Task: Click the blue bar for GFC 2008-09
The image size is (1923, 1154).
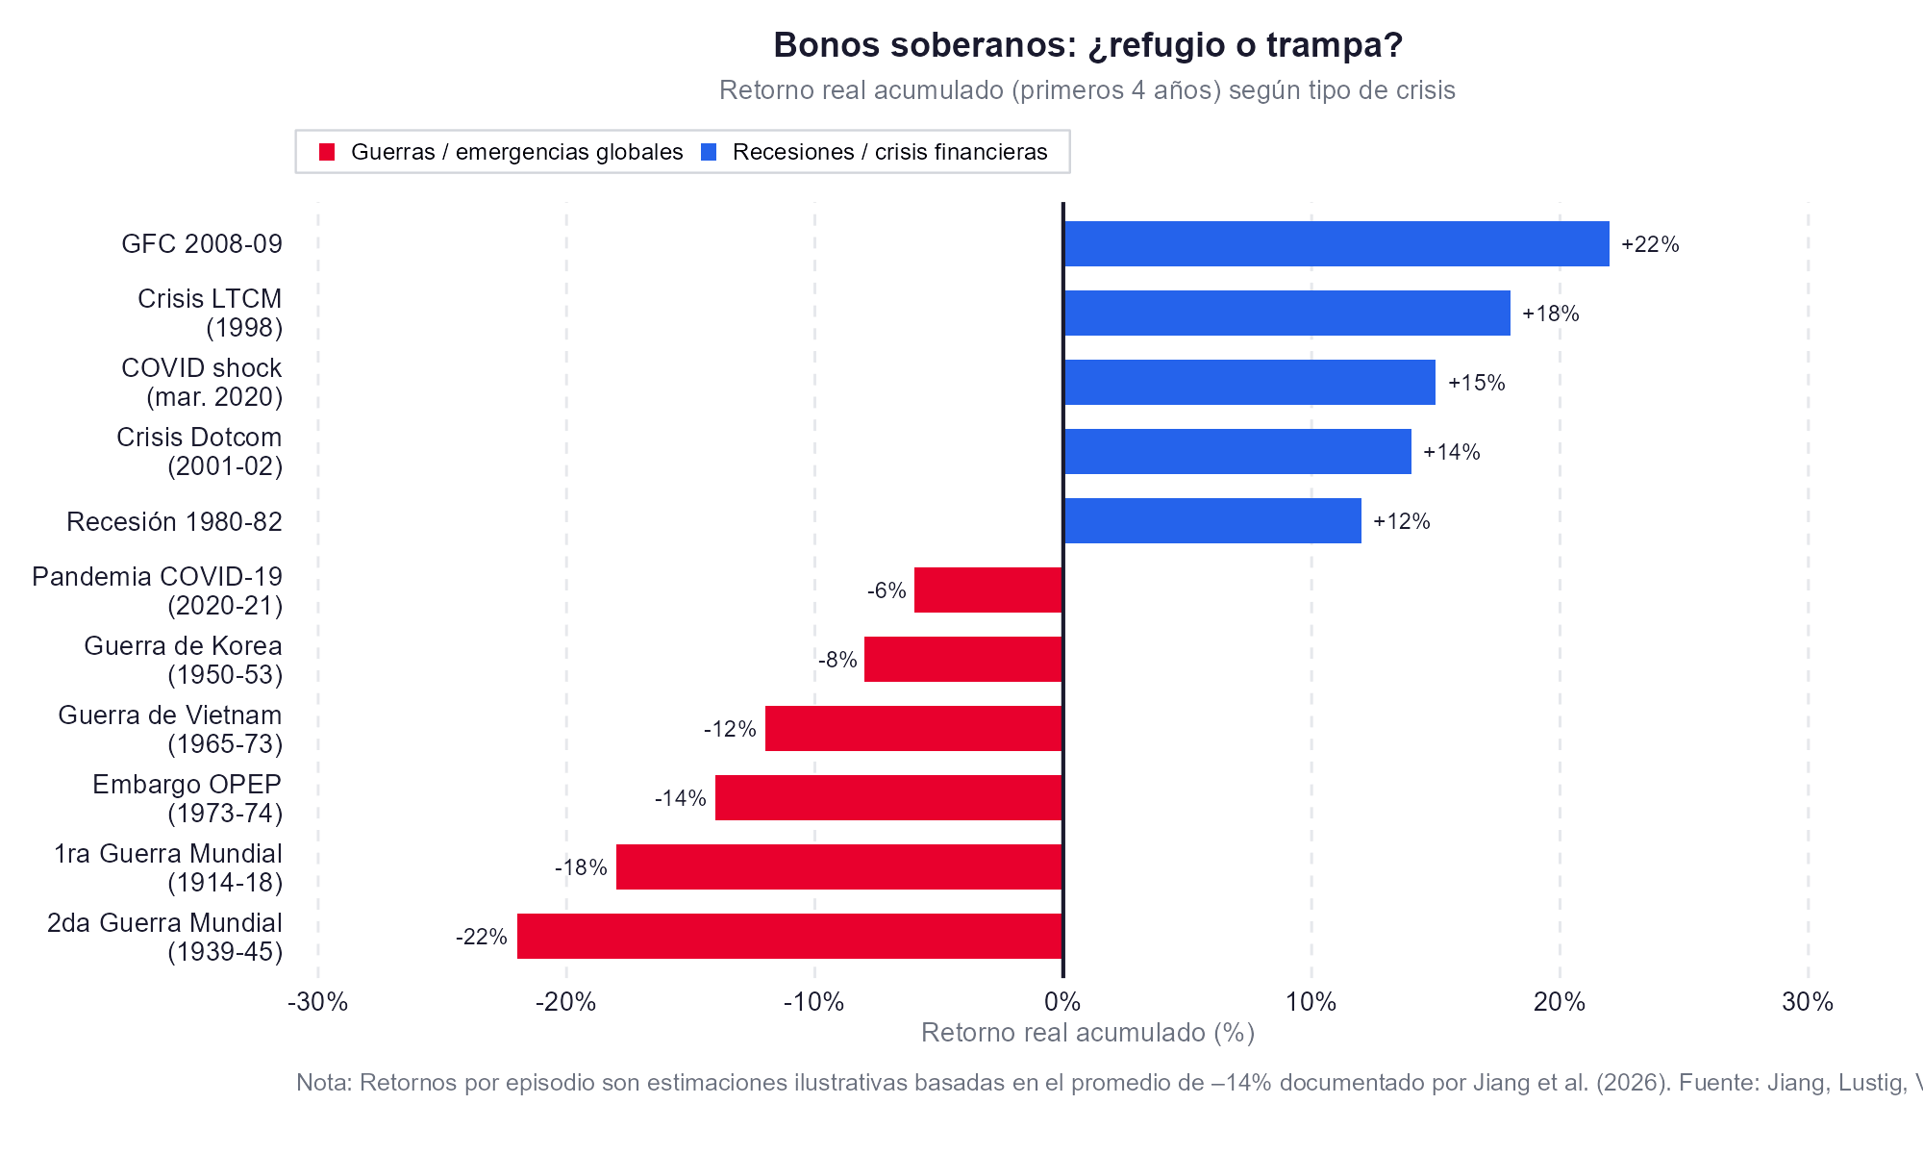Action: [x=1336, y=243]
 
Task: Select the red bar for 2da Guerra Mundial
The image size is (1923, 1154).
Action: [x=789, y=936]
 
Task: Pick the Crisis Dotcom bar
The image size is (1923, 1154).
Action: [x=1236, y=451]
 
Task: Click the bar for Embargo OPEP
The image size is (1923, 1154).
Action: [x=888, y=797]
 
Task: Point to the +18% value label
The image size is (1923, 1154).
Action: [x=1550, y=314]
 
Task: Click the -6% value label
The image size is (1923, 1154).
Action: [x=887, y=590]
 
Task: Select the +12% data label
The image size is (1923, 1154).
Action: [x=1401, y=521]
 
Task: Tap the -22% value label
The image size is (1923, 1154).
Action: [x=481, y=937]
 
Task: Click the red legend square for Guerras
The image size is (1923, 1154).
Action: [x=327, y=152]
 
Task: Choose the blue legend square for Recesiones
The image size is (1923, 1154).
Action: [x=709, y=152]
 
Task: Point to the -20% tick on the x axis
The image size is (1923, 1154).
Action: [x=566, y=1002]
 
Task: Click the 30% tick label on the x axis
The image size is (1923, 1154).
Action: [x=1808, y=1002]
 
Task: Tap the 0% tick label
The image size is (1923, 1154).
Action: [x=1062, y=1002]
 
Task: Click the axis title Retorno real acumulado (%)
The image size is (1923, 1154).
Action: [x=1087, y=1033]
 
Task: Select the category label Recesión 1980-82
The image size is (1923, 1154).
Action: [x=174, y=521]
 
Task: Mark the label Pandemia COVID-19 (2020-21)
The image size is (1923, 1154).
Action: [x=158, y=590]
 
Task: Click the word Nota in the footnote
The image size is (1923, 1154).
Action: [x=324, y=1083]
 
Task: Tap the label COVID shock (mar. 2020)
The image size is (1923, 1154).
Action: [x=202, y=382]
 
